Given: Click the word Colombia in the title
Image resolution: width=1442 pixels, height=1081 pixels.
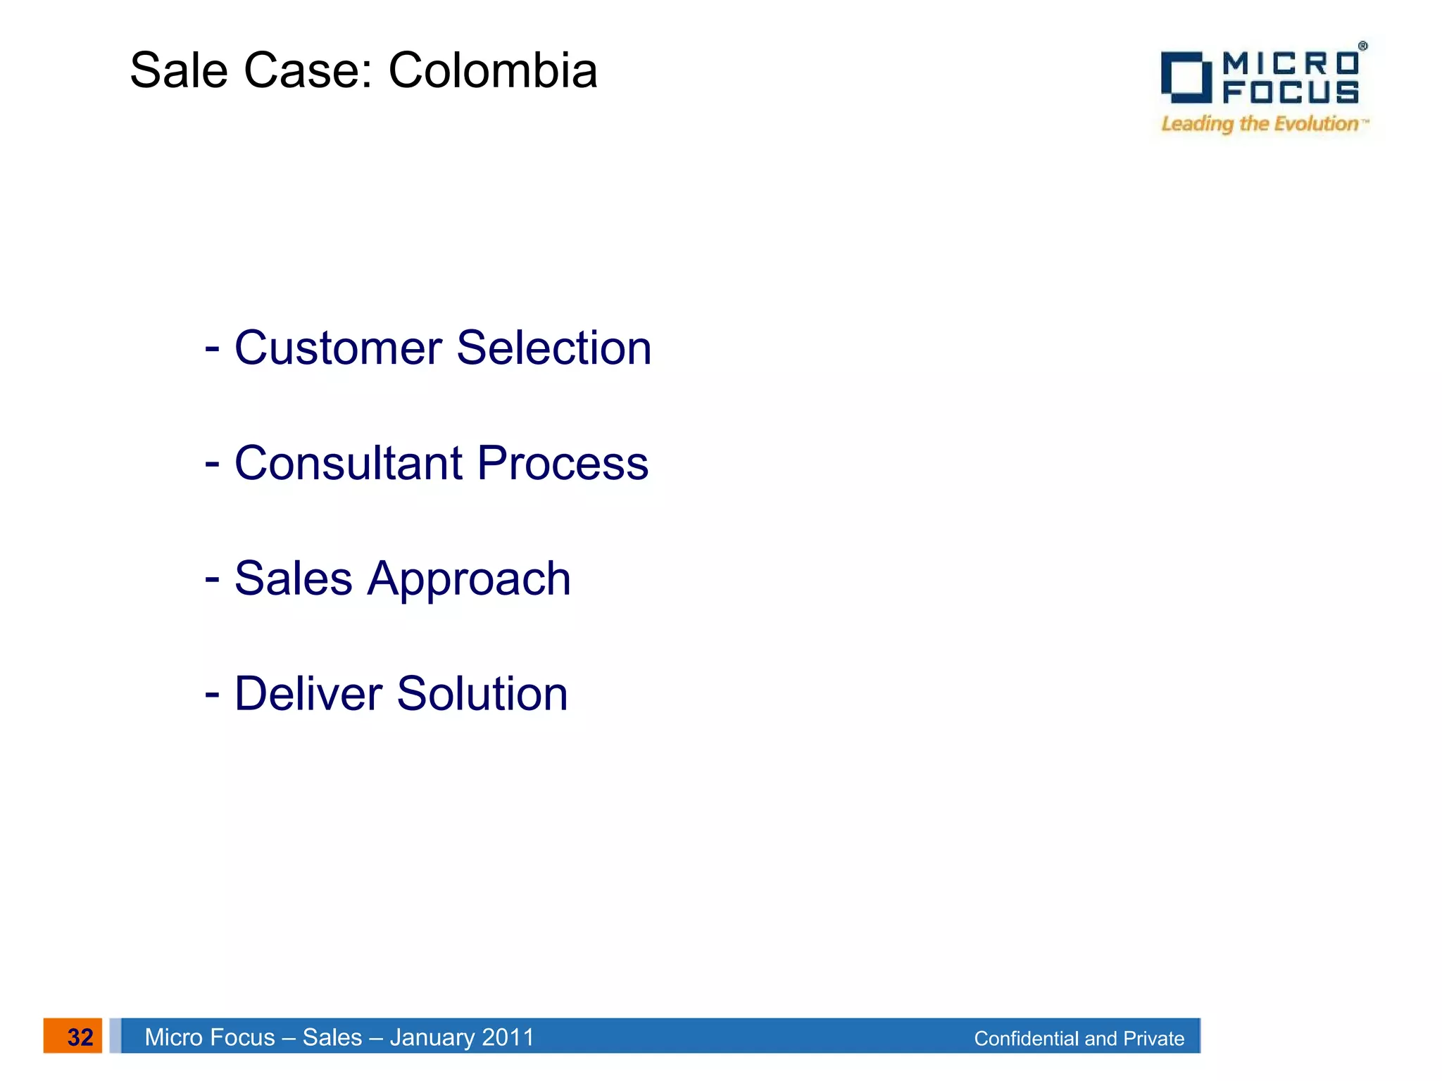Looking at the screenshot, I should pyautogui.click(x=493, y=71).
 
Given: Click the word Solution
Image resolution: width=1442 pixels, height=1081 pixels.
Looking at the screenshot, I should pyautogui.click(x=482, y=694).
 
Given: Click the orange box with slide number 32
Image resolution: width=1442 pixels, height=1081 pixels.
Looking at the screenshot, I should pyautogui.click(x=73, y=1036).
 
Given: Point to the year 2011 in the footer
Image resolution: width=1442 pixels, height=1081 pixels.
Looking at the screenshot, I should pyautogui.click(x=508, y=1037).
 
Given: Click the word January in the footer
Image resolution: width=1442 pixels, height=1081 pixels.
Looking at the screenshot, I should pyautogui.click(x=430, y=1037).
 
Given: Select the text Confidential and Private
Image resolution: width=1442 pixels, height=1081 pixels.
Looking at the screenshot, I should pyautogui.click(x=1079, y=1038).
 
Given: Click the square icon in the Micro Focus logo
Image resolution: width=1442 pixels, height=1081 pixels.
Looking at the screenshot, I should pyautogui.click(x=1185, y=77).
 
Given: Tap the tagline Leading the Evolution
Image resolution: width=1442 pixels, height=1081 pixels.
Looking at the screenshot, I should pyautogui.click(x=1260, y=124).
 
